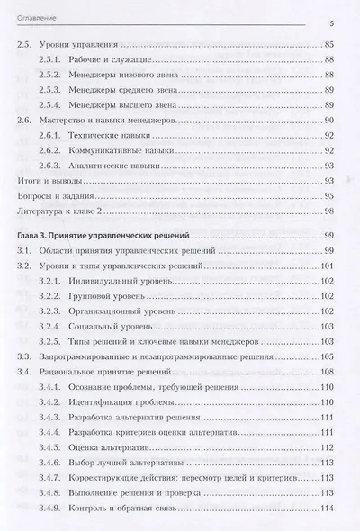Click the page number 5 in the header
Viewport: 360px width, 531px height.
(332, 25)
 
